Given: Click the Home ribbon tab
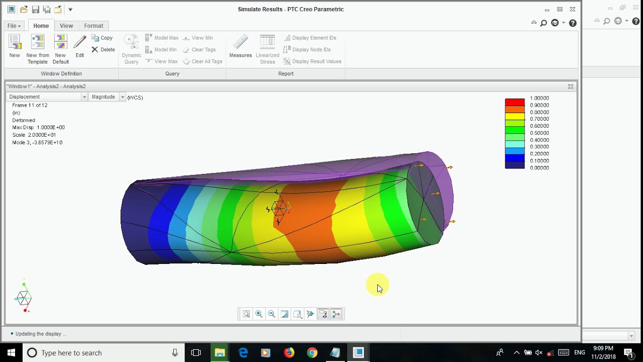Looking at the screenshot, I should (41, 26).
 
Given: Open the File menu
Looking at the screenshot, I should (14, 26).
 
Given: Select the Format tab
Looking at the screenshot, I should (93, 26).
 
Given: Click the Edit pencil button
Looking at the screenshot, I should (80, 47).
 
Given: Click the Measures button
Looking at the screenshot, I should (241, 47).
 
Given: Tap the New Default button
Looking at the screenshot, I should (61, 49).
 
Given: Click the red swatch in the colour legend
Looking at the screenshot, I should (514, 102).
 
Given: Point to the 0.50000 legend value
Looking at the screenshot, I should (539, 133).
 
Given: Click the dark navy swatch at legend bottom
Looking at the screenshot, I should (514, 165).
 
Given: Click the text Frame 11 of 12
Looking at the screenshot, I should (30, 105).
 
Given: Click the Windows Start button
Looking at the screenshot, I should (11, 352).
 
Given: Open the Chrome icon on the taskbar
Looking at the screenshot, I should (312, 352).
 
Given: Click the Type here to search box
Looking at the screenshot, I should (100, 352).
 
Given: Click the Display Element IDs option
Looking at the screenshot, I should (314, 38).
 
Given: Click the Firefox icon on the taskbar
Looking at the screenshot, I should (289, 352).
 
